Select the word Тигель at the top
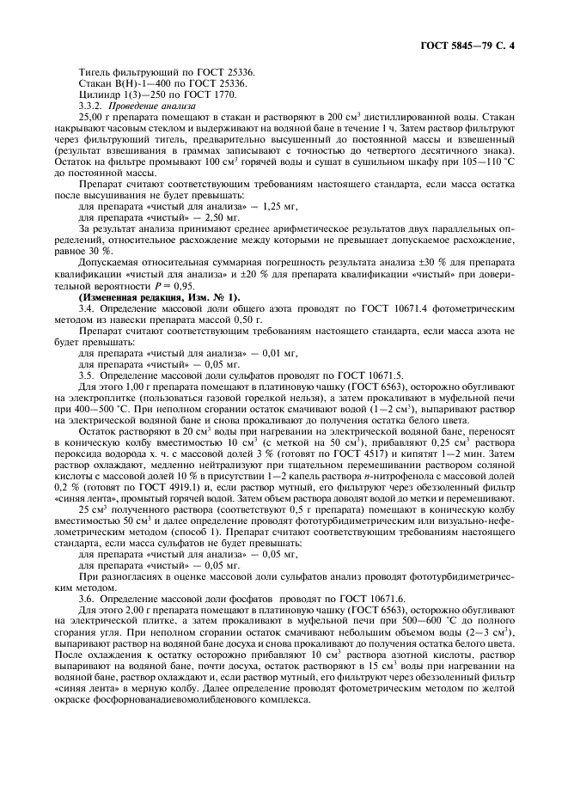(x=94, y=71)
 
